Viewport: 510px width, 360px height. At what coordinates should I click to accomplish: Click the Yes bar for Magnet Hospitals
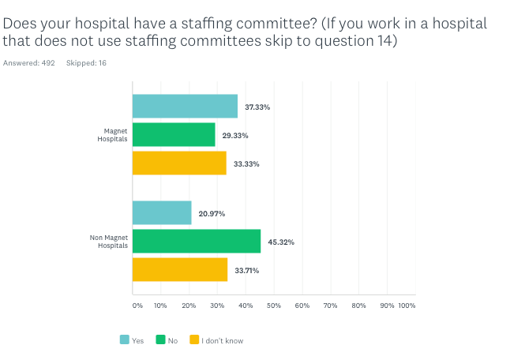185,106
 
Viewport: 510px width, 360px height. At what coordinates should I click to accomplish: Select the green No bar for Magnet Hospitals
174,135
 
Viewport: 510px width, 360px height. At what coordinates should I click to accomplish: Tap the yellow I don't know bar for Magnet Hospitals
179,163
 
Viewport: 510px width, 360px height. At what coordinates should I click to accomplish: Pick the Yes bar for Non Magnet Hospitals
162,212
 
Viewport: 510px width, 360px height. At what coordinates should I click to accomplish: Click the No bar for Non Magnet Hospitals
197,242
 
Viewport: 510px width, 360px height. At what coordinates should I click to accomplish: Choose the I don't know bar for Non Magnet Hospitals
180,270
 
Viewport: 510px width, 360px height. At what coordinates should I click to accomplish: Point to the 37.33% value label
257,107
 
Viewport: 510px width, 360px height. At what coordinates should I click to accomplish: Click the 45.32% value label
280,242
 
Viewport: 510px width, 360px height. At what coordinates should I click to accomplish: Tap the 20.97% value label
212,213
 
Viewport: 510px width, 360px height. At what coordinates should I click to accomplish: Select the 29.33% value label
235,135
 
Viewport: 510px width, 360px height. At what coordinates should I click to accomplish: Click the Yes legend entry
133,340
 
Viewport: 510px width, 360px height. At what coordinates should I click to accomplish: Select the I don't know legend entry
216,340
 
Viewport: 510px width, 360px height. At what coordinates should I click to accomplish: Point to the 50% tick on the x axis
273,305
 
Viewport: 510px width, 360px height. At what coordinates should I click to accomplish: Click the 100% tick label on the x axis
407,305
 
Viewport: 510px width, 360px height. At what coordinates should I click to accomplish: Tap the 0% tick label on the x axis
137,305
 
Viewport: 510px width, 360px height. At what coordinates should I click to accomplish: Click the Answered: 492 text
29,62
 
